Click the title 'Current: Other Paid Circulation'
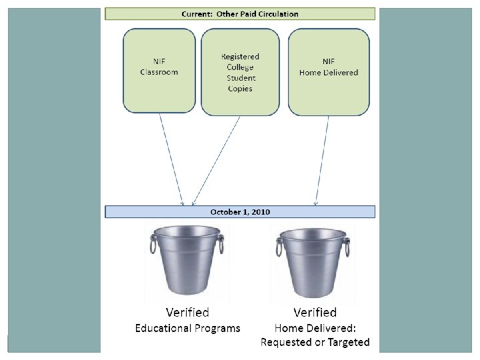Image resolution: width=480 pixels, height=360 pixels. pos(240,13)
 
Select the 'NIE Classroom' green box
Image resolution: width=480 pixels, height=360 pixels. pos(159,70)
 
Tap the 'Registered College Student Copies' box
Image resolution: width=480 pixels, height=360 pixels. pos(240,71)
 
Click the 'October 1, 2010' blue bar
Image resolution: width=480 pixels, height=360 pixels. pos(240,211)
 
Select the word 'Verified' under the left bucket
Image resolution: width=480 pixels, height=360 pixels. pos(187,312)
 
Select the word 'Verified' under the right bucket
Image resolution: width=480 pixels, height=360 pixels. pos(315,312)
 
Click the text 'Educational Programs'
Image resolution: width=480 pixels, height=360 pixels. pos(187,328)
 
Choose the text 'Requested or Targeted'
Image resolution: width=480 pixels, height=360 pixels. pos(315,343)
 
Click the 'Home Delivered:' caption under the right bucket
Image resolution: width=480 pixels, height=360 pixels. pos(315,328)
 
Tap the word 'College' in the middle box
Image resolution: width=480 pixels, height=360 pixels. pos(240,67)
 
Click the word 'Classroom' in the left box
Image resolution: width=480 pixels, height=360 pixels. pos(159,72)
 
